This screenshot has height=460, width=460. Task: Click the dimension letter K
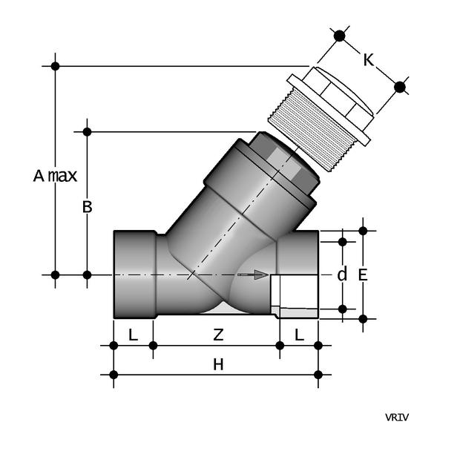(x=368, y=59)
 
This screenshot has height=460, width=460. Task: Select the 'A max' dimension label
(x=55, y=176)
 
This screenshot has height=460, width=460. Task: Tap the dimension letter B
(x=87, y=207)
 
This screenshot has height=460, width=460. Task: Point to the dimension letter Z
(x=218, y=335)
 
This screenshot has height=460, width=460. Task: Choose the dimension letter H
(x=218, y=364)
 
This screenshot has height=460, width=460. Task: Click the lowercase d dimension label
(x=342, y=275)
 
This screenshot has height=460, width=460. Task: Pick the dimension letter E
(x=363, y=275)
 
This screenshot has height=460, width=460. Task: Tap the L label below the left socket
(x=133, y=335)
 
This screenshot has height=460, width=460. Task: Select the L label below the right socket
(x=299, y=335)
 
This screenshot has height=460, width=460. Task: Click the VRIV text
(x=396, y=417)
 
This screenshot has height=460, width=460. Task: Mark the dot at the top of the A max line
(x=55, y=66)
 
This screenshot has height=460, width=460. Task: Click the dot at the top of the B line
(x=87, y=132)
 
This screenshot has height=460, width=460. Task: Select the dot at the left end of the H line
(x=114, y=375)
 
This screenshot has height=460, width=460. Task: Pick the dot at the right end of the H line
(x=318, y=375)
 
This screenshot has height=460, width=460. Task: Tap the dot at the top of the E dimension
(x=363, y=231)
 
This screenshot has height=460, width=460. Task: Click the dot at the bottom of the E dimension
(x=363, y=319)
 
